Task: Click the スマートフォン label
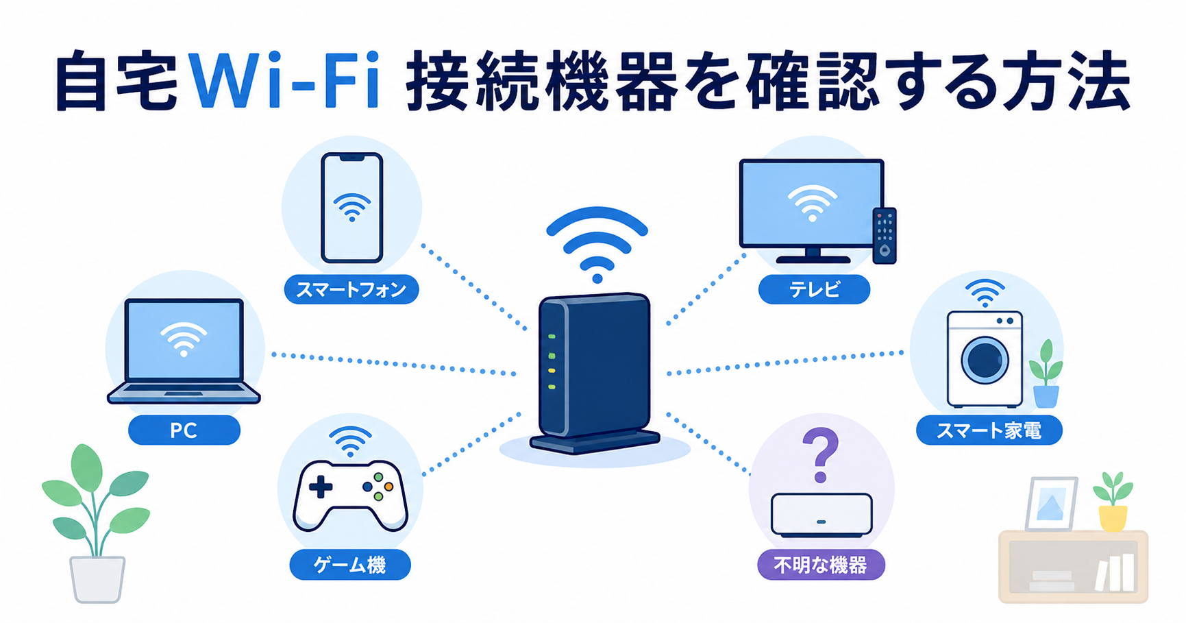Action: [351, 289]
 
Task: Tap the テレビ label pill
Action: [814, 289]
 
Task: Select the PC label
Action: [184, 430]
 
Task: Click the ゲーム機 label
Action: [350, 565]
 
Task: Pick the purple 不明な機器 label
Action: [821, 565]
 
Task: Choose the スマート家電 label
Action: [989, 430]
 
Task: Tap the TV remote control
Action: [885, 236]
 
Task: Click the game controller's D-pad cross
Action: [320, 488]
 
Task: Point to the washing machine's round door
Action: [985, 359]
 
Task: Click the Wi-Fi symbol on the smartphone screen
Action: [351, 206]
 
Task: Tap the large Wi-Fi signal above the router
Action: [597, 244]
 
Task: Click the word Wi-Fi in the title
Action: [284, 81]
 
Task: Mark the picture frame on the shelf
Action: [1050, 504]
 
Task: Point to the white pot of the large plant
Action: [97, 579]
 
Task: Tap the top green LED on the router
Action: [552, 337]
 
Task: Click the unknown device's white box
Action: [821, 514]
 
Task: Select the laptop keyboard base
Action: [184, 393]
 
